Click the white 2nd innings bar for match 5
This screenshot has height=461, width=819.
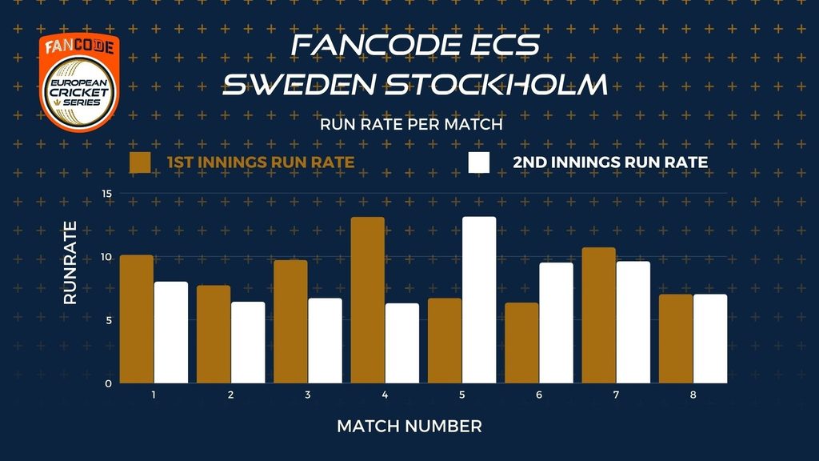tap(479, 300)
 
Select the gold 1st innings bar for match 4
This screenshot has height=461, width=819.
tap(368, 300)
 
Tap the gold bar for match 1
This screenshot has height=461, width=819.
tap(136, 319)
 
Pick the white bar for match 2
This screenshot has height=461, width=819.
tap(248, 343)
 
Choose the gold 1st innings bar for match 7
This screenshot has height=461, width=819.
tap(598, 315)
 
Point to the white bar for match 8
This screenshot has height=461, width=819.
tap(710, 339)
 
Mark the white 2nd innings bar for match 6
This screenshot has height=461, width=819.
tap(557, 323)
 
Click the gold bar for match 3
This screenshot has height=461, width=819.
tap(290, 322)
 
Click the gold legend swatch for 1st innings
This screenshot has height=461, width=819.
tap(140, 162)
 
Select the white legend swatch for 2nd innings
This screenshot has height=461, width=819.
tap(479, 162)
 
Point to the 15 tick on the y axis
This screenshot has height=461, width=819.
tap(107, 194)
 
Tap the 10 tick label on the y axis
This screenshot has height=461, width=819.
tap(106, 257)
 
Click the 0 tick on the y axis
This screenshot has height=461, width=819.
tap(109, 383)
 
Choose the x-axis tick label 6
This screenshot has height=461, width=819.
tap(539, 395)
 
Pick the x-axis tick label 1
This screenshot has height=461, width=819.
tap(154, 395)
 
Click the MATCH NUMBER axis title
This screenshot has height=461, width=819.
tap(409, 427)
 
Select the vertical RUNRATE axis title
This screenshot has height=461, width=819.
tap(70, 263)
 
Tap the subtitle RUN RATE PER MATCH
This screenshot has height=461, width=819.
tap(411, 124)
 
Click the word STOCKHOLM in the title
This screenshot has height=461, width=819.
tap(497, 84)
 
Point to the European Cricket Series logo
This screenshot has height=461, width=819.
tap(79, 82)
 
